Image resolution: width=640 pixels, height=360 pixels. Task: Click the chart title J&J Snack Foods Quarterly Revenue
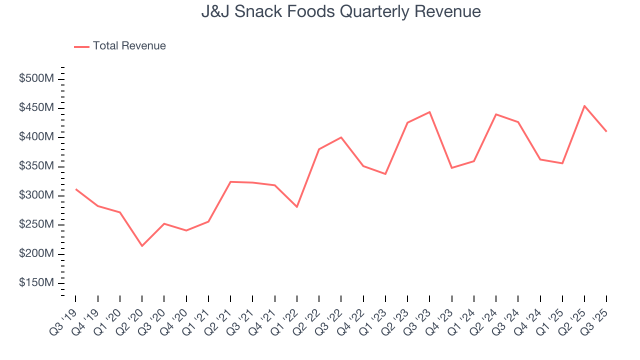click(341, 11)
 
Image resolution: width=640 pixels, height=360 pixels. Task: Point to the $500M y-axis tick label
click(36, 79)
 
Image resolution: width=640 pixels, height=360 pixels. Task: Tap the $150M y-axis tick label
click(36, 283)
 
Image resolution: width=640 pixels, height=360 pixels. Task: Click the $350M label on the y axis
click(36, 166)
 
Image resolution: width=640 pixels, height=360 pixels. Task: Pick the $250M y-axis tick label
click(36, 224)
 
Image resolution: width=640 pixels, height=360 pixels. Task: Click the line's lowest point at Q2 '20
click(142, 245)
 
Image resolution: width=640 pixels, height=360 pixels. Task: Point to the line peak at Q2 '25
click(584, 106)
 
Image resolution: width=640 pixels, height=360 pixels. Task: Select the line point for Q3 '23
click(429, 112)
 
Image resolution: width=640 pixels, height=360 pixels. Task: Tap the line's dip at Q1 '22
click(297, 206)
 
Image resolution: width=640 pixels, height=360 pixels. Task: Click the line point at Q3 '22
click(341, 137)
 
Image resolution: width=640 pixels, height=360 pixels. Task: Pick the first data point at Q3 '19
click(76, 189)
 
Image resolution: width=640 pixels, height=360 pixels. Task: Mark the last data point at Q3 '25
click(606, 131)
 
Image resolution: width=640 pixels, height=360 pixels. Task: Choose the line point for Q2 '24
click(496, 114)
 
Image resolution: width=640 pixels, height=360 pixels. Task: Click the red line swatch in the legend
click(81, 46)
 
